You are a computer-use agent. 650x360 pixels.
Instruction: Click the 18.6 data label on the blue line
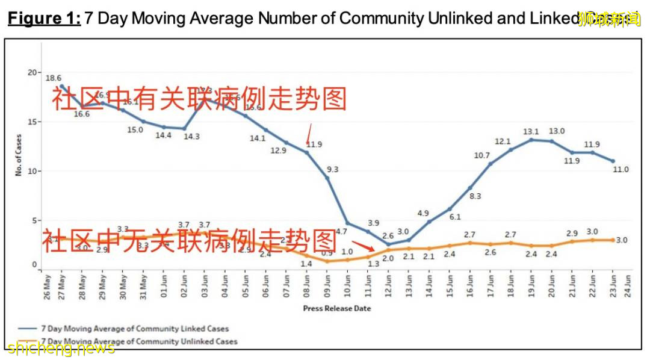54,78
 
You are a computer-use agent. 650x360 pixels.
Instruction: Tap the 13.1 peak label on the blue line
530,131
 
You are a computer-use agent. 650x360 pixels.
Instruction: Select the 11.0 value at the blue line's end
621,170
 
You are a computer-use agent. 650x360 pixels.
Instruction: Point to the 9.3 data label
332,170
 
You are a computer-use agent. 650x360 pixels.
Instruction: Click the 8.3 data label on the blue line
475,196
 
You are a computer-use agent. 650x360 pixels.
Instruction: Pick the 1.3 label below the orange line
373,264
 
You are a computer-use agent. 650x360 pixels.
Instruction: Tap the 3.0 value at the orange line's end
622,240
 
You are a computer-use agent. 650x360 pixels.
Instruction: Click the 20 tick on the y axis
32,72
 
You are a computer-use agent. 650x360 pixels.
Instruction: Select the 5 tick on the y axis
34,221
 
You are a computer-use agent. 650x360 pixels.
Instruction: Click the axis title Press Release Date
336,308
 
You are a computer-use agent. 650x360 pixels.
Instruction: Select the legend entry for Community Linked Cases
123,329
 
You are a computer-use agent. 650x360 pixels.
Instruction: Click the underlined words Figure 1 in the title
43,18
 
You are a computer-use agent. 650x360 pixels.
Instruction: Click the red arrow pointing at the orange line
365,246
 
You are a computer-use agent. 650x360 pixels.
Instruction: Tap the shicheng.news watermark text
61,349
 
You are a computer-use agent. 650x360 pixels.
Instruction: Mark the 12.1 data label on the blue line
503,141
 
